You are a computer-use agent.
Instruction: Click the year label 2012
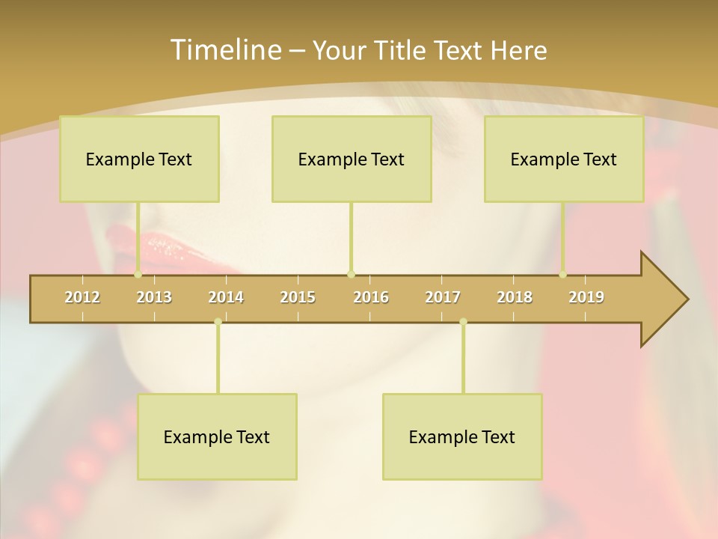click(x=82, y=297)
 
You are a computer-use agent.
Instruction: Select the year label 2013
click(x=154, y=297)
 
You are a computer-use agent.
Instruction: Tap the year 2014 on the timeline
click(x=226, y=297)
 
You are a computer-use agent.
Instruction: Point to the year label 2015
click(x=298, y=297)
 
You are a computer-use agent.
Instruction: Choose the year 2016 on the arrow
click(x=371, y=297)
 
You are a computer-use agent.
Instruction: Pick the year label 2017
click(x=443, y=297)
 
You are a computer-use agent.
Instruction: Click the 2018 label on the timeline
click(x=515, y=297)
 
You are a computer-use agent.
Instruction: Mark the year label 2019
click(x=586, y=297)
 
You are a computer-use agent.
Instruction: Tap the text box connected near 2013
click(x=139, y=159)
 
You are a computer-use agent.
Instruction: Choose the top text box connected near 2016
click(x=352, y=159)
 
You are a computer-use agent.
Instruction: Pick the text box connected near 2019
click(x=564, y=159)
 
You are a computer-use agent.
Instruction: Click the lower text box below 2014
click(x=217, y=436)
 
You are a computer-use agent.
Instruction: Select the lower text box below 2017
click(x=462, y=436)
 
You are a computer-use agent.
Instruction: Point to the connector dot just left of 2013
click(x=138, y=274)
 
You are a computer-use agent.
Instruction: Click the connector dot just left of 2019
click(x=563, y=274)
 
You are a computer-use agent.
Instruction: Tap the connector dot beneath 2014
click(x=218, y=322)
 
